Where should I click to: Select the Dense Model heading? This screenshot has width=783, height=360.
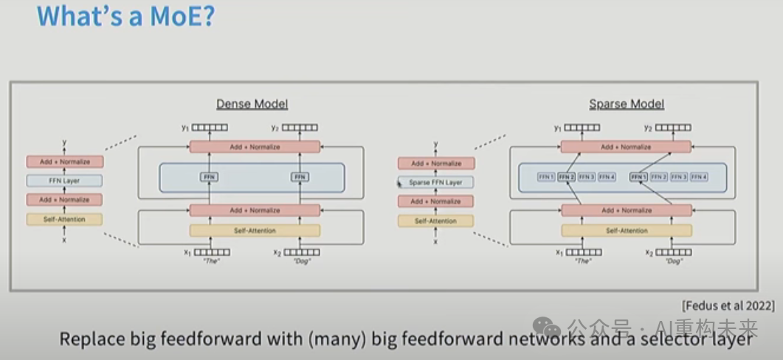[252, 104]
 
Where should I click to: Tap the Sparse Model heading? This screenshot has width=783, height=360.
[626, 104]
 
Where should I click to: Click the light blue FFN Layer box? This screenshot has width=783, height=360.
[64, 181]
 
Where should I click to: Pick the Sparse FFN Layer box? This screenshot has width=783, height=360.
[436, 181]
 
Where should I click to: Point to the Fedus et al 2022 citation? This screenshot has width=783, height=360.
[728, 305]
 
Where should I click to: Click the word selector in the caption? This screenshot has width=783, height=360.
[667, 340]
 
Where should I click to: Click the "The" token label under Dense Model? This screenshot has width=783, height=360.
[210, 261]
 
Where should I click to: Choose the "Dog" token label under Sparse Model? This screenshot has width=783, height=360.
[674, 261]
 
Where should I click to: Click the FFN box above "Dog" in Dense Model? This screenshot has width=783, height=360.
[300, 177]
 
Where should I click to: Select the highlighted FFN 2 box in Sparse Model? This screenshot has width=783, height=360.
[566, 177]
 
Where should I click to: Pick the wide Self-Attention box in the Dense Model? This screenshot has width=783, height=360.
[255, 231]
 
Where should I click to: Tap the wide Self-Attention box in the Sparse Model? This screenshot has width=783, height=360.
[627, 231]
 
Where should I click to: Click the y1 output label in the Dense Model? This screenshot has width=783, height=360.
[187, 128]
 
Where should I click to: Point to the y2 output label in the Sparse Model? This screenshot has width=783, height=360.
[649, 128]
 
